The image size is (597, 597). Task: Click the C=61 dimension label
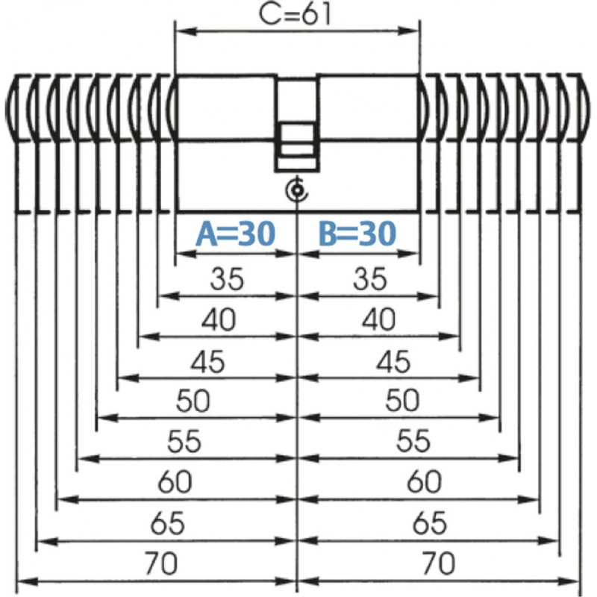pos(295,14)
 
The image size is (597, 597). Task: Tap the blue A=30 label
pos(235,233)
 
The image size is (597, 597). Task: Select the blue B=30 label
pos(357,233)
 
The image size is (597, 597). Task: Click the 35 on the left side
pos(227,278)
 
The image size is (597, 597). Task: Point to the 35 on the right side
pos(369,278)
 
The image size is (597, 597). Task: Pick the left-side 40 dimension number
pos(219,319)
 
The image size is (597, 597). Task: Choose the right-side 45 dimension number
pos(393,361)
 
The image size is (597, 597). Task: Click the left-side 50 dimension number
pos(193,401)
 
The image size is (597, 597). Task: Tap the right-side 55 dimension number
pos(413,440)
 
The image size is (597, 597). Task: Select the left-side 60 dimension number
pos(175,481)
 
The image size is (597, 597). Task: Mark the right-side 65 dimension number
pos(430,523)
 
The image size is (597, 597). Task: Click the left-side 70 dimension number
pos(161,563)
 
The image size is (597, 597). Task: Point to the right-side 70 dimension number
pos(438,563)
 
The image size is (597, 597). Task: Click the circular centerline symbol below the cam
pos(297,190)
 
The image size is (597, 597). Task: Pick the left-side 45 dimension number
pos(207,361)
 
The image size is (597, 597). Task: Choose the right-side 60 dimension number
pos(424,481)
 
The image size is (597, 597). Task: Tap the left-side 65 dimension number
pos(167,523)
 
